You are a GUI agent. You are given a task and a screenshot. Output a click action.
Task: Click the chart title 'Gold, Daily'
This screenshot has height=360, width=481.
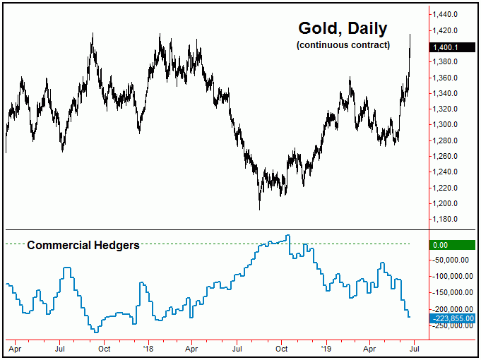point(343,29)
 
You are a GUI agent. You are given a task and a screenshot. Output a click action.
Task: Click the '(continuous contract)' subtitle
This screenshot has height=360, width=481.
point(343,45)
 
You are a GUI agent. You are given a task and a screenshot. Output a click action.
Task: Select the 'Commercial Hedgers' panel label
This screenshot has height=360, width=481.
point(83,246)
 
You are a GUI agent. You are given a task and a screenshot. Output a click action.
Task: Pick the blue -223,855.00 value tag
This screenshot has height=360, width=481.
point(452,318)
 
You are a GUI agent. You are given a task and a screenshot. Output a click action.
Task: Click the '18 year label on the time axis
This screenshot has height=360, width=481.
point(148,348)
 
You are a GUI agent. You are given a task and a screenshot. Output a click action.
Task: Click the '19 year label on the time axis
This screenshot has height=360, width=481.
point(325,348)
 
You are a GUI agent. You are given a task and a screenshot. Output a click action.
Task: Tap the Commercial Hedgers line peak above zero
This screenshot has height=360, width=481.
point(287,236)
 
